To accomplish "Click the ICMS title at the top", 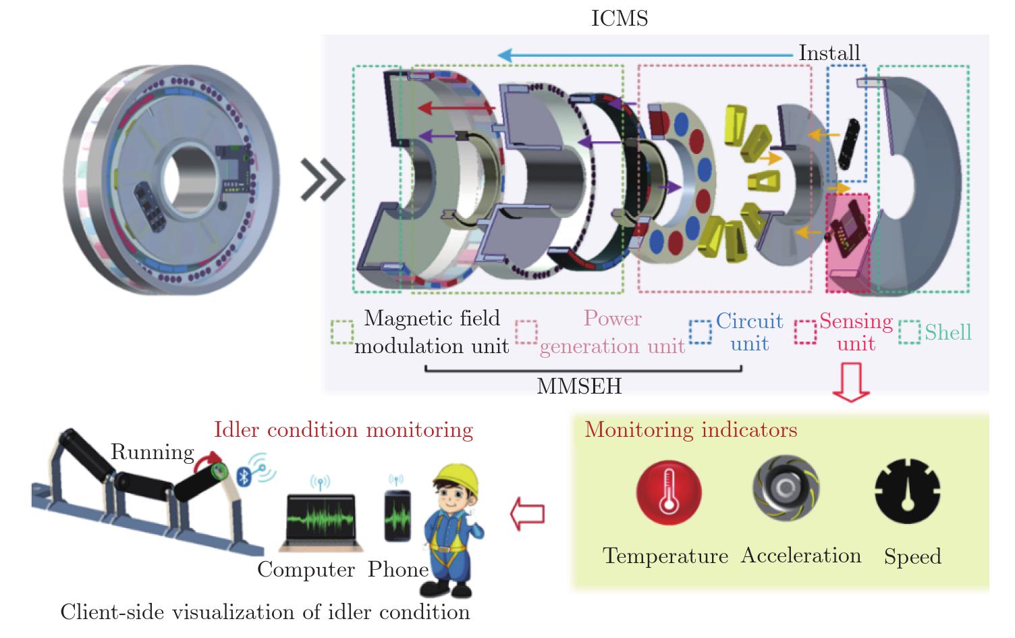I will coord(619,18).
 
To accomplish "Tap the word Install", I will coord(829,53).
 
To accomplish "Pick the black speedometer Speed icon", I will coord(907,491).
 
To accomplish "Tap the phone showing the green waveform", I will coord(397,515).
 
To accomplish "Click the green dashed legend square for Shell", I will coord(909,332).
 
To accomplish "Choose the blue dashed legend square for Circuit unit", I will coord(700,332).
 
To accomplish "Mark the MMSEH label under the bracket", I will coord(579,386).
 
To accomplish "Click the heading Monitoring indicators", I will coord(690,430).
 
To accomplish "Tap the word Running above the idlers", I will coord(152,452).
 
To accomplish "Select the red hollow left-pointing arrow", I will coord(527,514).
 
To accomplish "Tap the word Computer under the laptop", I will coord(306,570).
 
